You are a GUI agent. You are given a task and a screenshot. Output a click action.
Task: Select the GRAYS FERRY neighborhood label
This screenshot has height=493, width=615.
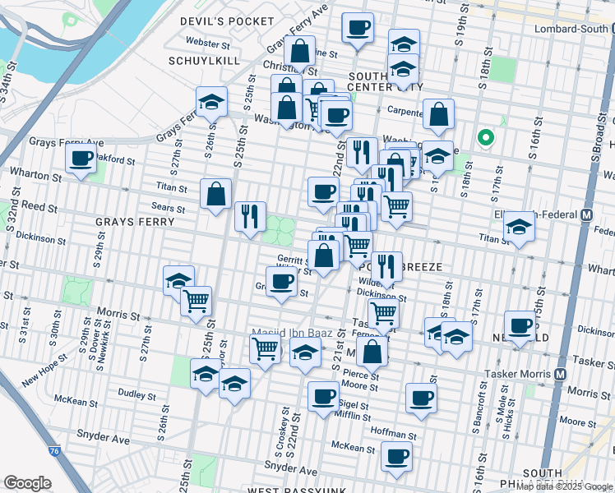(x=135, y=222)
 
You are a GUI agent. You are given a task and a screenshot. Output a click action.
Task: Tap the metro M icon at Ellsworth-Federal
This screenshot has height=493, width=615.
(x=587, y=215)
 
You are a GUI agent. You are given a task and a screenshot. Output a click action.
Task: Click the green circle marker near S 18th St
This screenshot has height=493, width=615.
(x=485, y=138)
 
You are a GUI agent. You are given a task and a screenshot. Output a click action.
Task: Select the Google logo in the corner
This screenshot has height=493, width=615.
(x=27, y=483)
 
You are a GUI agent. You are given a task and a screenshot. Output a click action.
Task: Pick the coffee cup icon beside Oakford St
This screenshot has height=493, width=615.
(x=81, y=159)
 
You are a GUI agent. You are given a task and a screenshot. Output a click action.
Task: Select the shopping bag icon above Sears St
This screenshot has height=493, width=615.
(x=215, y=195)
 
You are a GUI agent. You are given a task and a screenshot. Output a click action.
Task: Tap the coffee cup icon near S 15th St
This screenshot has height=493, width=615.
(x=520, y=326)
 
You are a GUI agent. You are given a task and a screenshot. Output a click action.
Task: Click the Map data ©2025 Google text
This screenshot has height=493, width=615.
(x=563, y=486)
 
